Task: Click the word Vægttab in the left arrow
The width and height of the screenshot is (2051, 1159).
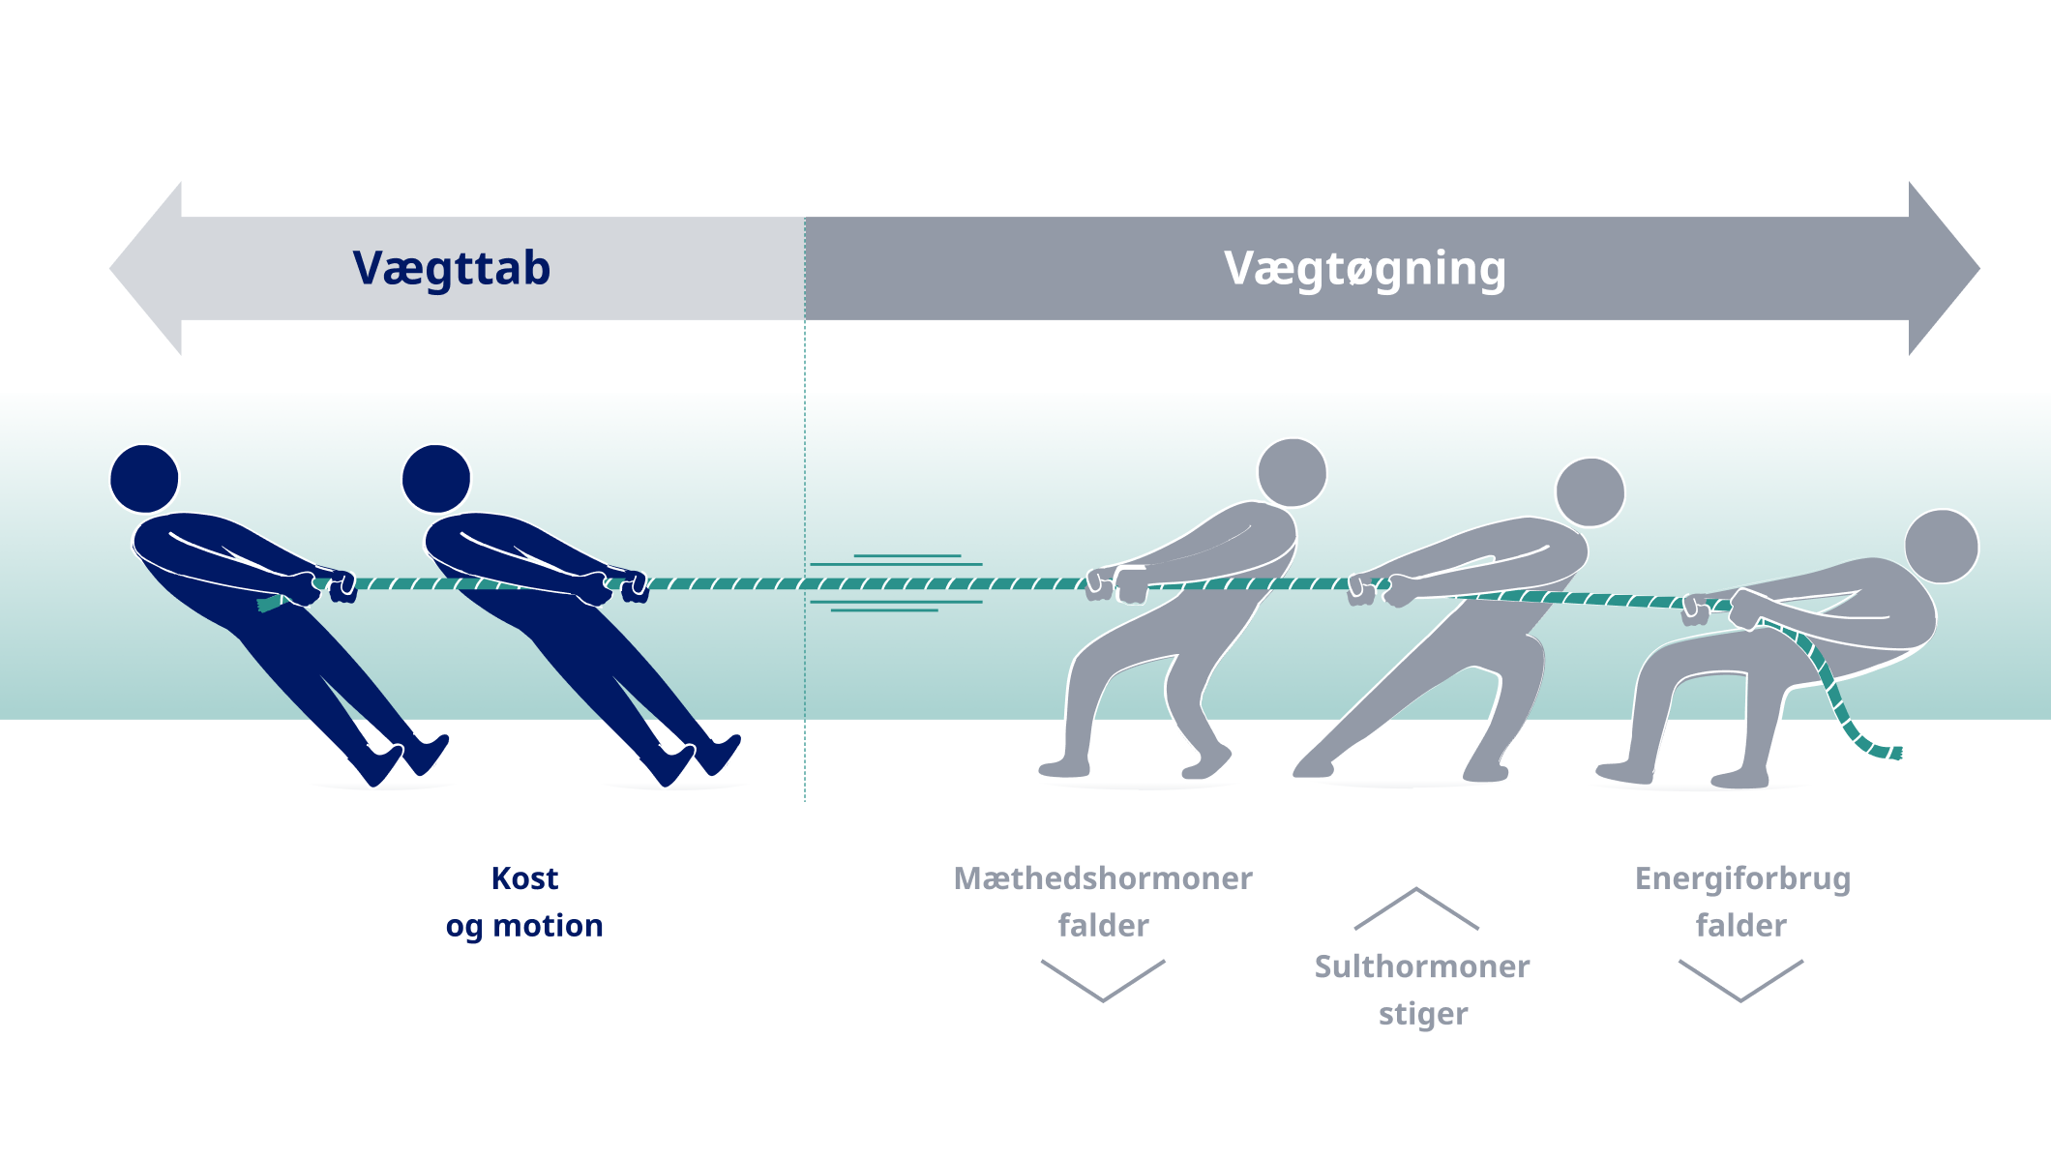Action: pyautogui.click(x=452, y=269)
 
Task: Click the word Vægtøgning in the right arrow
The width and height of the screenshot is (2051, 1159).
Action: pyautogui.click(x=1365, y=269)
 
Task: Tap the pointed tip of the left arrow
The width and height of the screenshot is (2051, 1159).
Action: pyautogui.click(x=110, y=268)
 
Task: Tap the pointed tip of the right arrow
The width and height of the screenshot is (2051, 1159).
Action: pyautogui.click(x=1979, y=268)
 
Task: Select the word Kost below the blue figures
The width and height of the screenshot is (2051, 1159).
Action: pyautogui.click(x=524, y=878)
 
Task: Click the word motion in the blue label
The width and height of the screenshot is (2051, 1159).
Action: pyautogui.click(x=548, y=926)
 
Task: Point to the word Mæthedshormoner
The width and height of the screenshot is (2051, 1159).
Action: pyautogui.click(x=1103, y=878)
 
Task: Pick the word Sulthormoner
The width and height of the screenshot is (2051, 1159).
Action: pyautogui.click(x=1422, y=966)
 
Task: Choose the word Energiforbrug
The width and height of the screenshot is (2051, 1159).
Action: pyautogui.click(x=1742, y=879)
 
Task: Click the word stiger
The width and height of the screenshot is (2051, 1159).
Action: pyautogui.click(x=1423, y=1015)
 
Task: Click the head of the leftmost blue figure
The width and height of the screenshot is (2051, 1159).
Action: pyautogui.click(x=145, y=479)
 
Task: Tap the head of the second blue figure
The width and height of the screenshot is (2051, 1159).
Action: pyautogui.click(x=436, y=479)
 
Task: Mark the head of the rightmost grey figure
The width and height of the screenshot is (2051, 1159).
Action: pyautogui.click(x=1942, y=547)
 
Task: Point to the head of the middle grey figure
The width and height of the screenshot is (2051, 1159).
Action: pyautogui.click(x=1590, y=492)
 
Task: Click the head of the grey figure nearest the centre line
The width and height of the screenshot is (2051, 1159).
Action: pyautogui.click(x=1293, y=473)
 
